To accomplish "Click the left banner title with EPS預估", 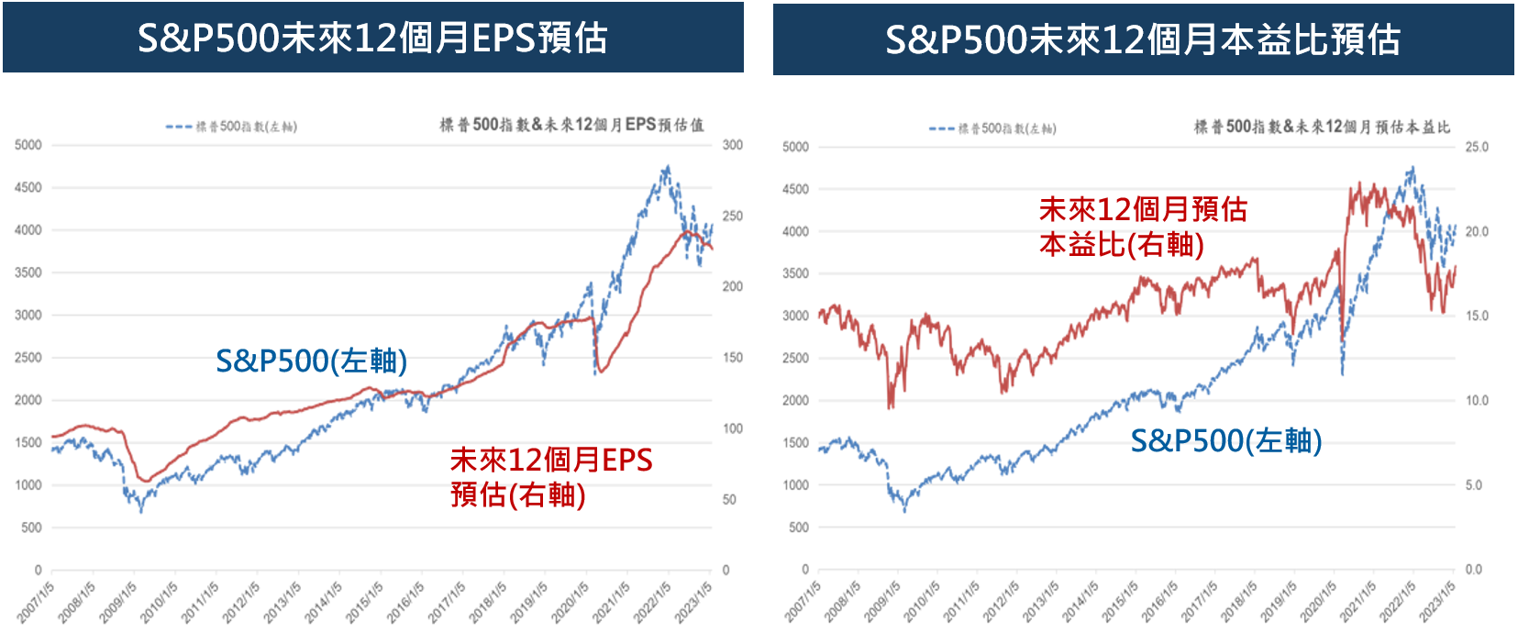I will click(372, 38).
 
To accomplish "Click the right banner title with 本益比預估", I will click(1142, 39).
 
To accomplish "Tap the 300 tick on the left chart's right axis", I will click(732, 145).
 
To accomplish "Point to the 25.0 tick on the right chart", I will click(1476, 147).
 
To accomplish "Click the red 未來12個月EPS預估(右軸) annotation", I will click(550, 477).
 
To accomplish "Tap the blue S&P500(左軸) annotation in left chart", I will click(311, 361).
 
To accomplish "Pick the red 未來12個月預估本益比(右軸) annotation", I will click(1142, 227).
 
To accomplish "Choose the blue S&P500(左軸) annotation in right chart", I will click(1225, 440).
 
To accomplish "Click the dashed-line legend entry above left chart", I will click(231, 127).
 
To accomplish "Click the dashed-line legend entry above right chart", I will click(992, 128).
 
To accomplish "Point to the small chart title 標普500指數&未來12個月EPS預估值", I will click(571, 125).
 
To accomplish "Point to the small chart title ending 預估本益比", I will click(1322, 127).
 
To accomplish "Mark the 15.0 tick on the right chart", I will click(1476, 316).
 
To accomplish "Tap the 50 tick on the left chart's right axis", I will click(729, 499).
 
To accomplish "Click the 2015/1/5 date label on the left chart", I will click(364, 602).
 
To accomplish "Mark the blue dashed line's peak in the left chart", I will click(667, 168).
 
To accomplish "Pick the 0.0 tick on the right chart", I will click(1473, 569).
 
